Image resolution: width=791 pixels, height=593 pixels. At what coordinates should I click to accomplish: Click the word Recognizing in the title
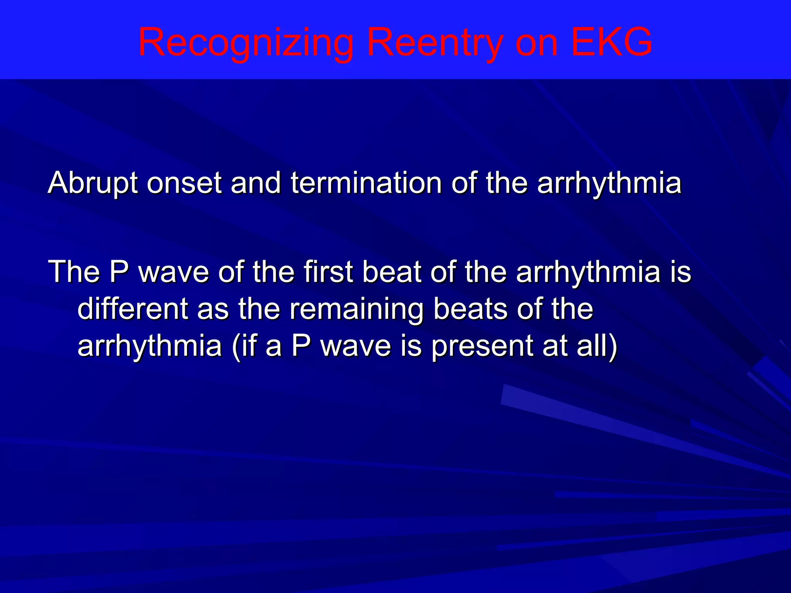tap(246, 42)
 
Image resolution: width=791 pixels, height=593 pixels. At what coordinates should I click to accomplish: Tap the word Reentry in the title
tap(435, 42)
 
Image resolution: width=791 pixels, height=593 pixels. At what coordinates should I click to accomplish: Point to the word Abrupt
tap(93, 183)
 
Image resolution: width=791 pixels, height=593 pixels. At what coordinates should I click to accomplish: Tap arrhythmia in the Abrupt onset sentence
tap(609, 184)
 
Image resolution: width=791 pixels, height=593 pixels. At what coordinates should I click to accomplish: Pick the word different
tap(133, 308)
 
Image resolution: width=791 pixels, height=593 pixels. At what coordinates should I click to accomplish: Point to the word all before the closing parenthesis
tap(597, 346)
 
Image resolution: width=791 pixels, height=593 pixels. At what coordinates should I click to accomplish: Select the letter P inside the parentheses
tap(301, 346)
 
